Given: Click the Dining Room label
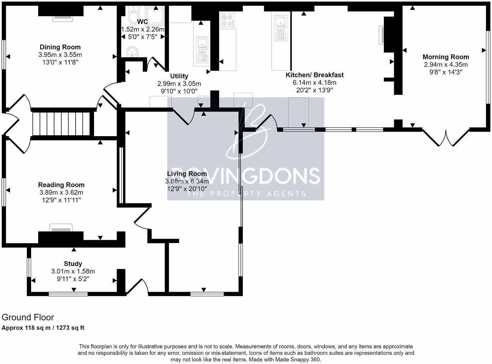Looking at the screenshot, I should (x=60, y=47).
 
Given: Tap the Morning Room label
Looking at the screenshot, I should (x=446, y=57).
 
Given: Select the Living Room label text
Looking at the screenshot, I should (x=187, y=174).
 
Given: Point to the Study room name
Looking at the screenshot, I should (x=73, y=264).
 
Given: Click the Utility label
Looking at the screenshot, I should (x=179, y=76).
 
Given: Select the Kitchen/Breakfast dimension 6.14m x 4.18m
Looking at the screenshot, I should (x=314, y=83).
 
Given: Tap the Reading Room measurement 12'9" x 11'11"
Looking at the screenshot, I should (x=61, y=200).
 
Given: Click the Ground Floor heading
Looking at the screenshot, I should (x=28, y=317).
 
